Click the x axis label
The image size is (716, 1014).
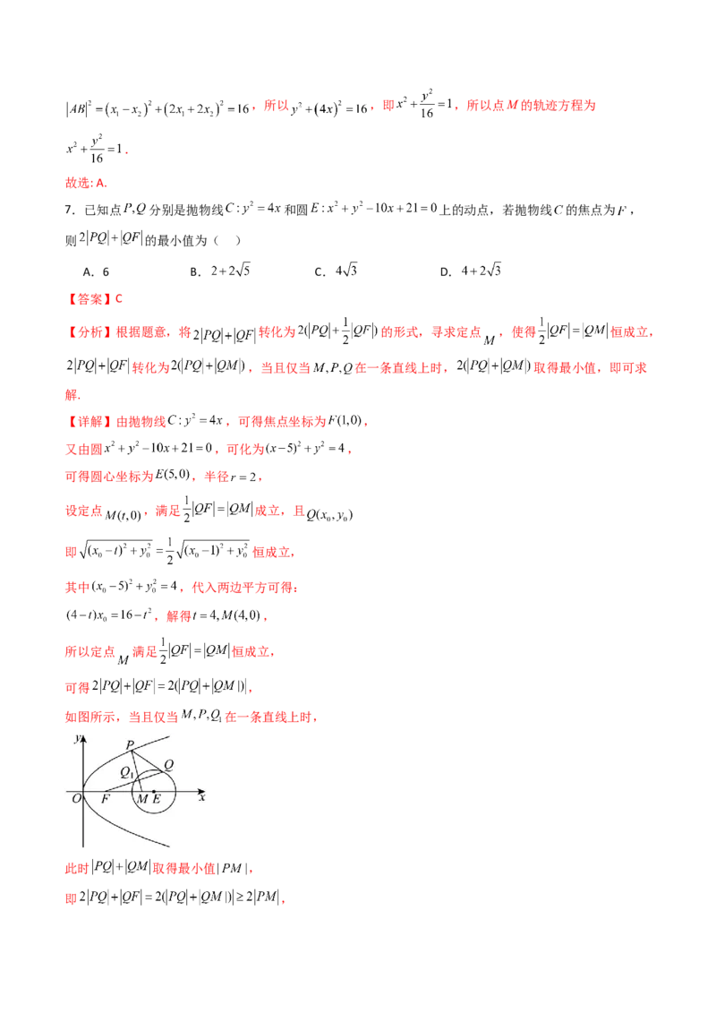pyautogui.click(x=202, y=796)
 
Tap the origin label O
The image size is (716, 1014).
pyautogui.click(x=76, y=798)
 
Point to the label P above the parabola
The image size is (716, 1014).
pyautogui.click(x=129, y=744)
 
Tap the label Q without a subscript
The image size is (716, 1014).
pyautogui.click(x=169, y=763)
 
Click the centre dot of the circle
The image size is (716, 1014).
pyautogui.click(x=154, y=790)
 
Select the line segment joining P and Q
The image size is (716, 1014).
pyautogui.click(x=148, y=760)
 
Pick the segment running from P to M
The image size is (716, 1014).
pyautogui.click(x=137, y=770)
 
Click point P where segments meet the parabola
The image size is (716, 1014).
pyautogui.click(x=132, y=751)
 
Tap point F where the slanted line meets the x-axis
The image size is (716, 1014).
pyautogui.click(x=106, y=790)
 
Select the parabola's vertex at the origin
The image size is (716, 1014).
pyautogui.click(x=83, y=790)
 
